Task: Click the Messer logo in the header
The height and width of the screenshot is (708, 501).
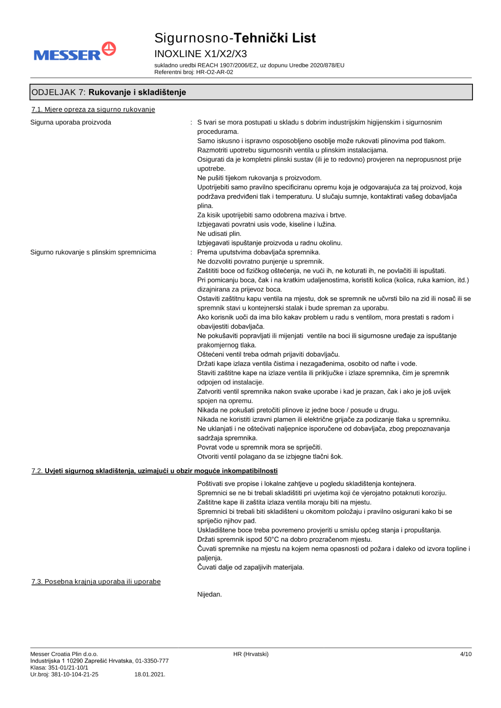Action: (75, 52)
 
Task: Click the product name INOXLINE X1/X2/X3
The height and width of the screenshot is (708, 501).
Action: (200, 54)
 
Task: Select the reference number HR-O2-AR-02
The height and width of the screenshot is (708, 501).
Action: (214, 72)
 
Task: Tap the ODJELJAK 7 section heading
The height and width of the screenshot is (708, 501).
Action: (109, 92)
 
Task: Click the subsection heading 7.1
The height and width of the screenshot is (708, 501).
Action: (93, 110)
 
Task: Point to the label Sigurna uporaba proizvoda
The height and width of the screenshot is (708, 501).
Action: (71, 122)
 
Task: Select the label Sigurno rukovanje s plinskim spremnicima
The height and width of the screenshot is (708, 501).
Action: (93, 252)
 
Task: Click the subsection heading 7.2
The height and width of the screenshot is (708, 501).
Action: (154, 471)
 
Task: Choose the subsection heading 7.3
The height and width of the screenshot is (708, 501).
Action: (96, 582)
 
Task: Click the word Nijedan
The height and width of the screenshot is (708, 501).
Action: (209, 594)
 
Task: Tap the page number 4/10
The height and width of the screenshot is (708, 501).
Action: (465, 654)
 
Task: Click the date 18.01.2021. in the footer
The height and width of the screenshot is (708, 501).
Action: (150, 674)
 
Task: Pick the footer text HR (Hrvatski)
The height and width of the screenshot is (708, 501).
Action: (250, 654)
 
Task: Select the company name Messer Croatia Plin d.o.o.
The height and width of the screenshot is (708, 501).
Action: (64, 654)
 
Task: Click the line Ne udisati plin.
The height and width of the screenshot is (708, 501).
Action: (219, 234)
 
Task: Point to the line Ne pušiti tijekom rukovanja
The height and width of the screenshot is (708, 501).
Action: (259, 178)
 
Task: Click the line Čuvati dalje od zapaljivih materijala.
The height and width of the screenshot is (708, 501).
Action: (250, 567)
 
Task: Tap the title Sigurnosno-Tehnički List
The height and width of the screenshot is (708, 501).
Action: (235, 38)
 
